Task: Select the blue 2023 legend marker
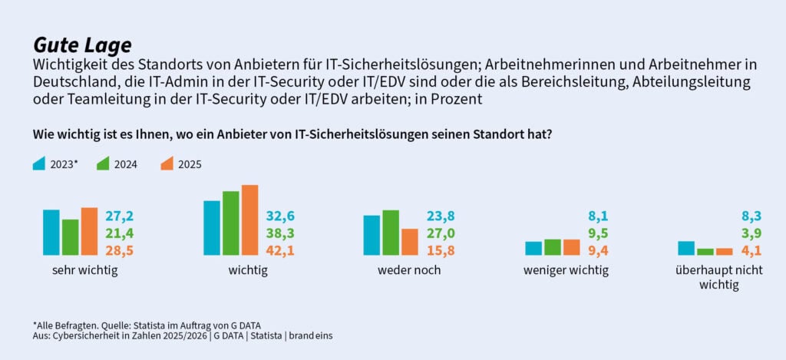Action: [39, 163]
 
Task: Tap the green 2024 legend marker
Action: [103, 163]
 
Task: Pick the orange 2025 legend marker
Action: [167, 163]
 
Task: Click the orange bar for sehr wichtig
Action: [89, 232]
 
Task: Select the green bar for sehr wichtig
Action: [71, 237]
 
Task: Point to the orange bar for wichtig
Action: [249, 220]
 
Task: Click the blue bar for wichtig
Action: [212, 228]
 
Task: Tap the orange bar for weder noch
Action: [409, 242]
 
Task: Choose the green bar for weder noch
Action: [390, 233]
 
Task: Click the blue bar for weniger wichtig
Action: [533, 248]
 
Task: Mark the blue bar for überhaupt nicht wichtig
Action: [686, 248]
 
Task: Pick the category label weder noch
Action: [409, 270]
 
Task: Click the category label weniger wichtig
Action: [566, 270]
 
